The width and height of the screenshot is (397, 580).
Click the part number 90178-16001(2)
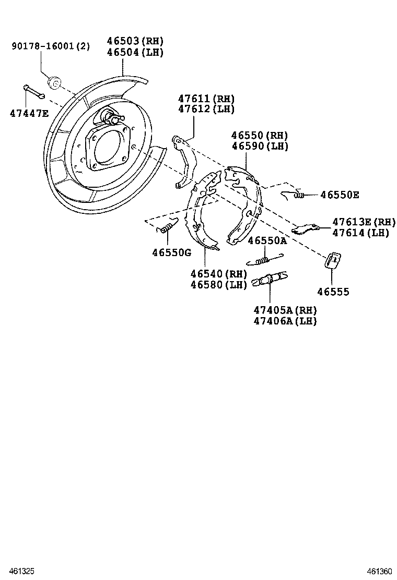click(51, 46)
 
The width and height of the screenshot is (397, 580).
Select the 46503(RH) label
click(135, 41)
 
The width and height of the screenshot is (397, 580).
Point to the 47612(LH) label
click(206, 109)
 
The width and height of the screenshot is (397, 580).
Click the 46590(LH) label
click(260, 147)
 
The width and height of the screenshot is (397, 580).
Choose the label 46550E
click(340, 195)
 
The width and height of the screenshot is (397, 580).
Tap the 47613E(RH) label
click(364, 222)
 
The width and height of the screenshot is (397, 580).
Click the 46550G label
click(172, 252)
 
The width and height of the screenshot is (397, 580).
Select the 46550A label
click(267, 240)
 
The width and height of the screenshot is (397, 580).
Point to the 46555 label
click(333, 292)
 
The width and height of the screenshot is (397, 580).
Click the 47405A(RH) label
click(285, 310)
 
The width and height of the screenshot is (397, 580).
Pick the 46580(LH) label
click(218, 285)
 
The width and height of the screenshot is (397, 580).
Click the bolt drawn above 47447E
click(33, 92)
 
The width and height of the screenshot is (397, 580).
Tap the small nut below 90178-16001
click(54, 82)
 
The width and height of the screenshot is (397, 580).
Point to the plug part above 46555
click(333, 260)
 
